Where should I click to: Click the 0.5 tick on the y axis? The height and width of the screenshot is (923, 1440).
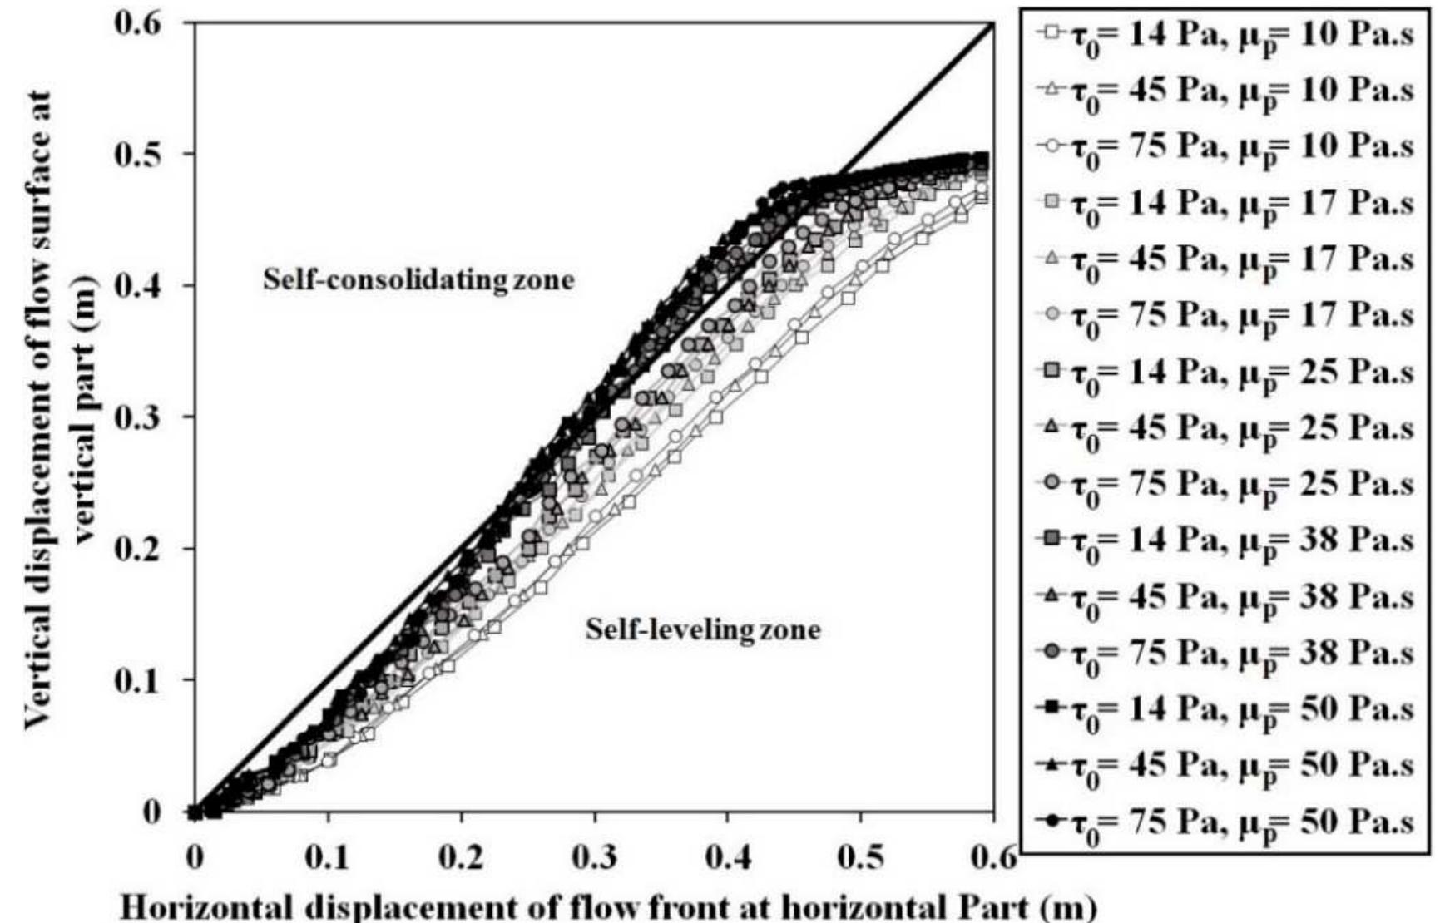tap(194, 154)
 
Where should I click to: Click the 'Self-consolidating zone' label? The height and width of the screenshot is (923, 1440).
tap(418, 279)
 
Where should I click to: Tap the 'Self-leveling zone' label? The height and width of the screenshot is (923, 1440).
tap(703, 629)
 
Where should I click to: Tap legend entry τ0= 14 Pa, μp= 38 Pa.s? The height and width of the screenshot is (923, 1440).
tap(1225, 540)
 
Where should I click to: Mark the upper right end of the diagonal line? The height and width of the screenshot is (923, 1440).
tap(993, 24)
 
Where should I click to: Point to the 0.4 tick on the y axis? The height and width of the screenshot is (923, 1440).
tap(194, 285)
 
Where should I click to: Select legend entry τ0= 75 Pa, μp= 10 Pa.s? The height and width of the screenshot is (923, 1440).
tap(1225, 146)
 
